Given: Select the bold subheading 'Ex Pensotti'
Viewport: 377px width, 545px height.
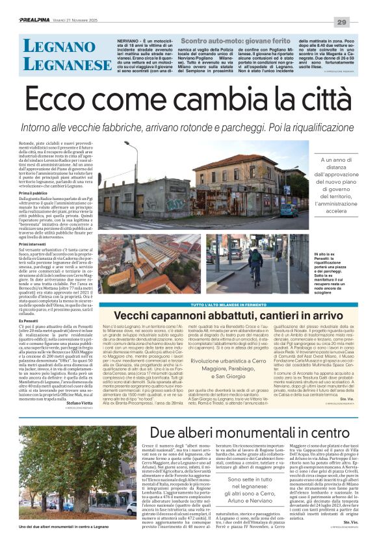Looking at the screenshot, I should pyautogui.click(x=30, y=321).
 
